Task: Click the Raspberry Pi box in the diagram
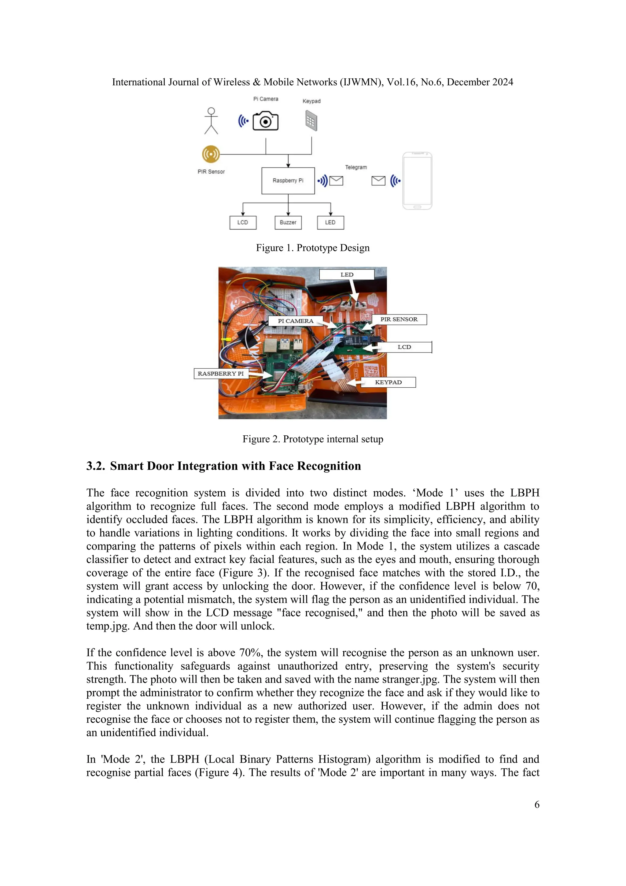point(288,181)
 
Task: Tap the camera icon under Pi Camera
point(265,121)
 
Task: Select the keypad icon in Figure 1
point(311,121)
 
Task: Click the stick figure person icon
point(211,121)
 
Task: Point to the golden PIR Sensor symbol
point(211,154)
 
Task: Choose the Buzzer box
point(288,223)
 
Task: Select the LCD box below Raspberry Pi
point(243,223)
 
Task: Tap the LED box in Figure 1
point(330,223)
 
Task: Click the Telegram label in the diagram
point(356,167)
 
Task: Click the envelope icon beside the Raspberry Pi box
point(337,181)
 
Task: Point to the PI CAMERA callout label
point(296,321)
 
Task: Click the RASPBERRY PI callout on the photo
point(221,374)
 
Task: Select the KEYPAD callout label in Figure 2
point(388,382)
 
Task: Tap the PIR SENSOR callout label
point(399,319)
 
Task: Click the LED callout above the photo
point(347,275)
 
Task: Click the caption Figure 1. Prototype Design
point(313,248)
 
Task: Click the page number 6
point(536,805)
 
